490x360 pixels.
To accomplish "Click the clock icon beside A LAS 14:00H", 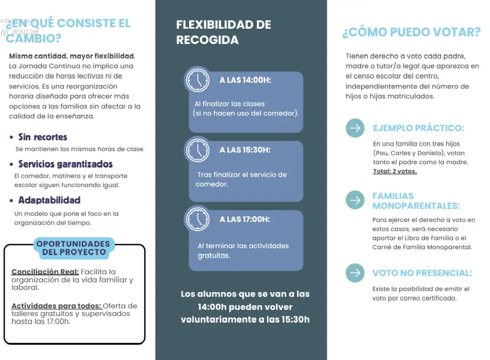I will [x=197, y=79].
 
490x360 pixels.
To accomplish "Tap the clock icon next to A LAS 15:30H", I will [x=197, y=150].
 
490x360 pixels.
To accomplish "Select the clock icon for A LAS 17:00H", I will [x=197, y=219].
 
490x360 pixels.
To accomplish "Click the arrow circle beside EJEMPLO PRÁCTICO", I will [x=355, y=128].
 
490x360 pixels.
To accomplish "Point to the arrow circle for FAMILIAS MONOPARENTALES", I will [x=355, y=200].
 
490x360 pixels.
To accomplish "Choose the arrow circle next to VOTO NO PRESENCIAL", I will [x=355, y=273].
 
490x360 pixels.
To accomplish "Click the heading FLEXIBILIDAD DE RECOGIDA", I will [x=223, y=32].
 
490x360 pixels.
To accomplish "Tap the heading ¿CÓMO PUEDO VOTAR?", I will [x=411, y=33].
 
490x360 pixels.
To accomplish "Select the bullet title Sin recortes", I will [x=43, y=137].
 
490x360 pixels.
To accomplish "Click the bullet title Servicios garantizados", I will [x=65, y=164].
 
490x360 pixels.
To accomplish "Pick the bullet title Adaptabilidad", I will [x=49, y=200].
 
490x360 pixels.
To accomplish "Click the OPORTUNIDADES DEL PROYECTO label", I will [x=73, y=248].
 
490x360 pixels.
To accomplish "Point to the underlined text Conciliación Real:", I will [x=45, y=272].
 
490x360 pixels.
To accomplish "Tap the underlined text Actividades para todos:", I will [x=56, y=306].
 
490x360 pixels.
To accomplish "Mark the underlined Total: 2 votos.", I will [x=395, y=171].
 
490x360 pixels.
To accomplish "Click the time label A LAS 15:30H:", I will [x=245, y=150].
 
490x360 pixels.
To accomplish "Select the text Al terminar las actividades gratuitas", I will [x=243, y=251].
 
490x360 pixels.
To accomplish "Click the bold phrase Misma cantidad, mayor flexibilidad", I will [x=72, y=56].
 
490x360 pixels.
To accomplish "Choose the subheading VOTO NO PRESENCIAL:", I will [x=422, y=273].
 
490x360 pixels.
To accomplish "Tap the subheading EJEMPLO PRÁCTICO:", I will [x=418, y=128].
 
